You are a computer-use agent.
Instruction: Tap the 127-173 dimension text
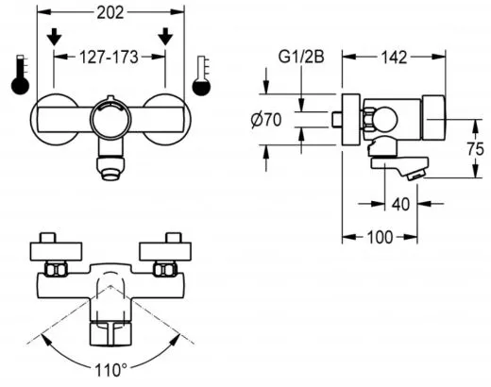tap(110, 57)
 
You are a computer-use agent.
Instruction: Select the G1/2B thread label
tap(301, 57)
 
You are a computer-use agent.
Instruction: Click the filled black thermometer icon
tap(20, 76)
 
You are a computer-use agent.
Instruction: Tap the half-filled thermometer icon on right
tap(200, 76)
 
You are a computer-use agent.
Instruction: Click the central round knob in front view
tap(110, 122)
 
